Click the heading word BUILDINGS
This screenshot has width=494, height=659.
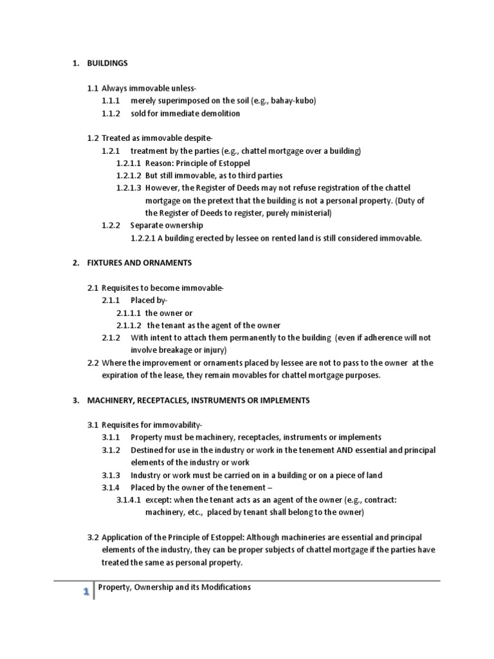(109, 63)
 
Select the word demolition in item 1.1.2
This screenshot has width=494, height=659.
(219, 113)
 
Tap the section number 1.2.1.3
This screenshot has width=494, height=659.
(129, 188)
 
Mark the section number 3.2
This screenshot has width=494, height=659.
(93, 537)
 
